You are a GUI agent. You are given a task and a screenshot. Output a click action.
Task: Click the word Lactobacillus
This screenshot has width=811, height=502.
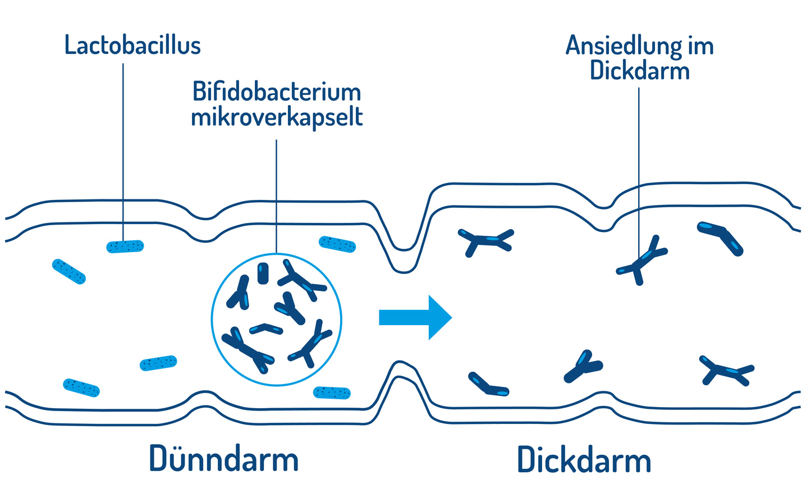point(132,45)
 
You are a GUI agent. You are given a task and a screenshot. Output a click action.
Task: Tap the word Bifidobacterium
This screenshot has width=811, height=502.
point(276,92)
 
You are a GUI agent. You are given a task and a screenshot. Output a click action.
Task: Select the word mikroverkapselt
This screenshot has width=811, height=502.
point(277,117)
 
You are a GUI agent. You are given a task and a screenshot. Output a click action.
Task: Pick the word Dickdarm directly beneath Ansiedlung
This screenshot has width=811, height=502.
point(639,71)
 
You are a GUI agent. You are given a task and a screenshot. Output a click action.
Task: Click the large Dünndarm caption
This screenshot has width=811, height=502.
point(223,459)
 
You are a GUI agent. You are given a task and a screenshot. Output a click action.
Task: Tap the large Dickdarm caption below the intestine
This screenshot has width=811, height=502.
point(584,460)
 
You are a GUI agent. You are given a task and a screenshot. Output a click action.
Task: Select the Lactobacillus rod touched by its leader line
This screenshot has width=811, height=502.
point(125,247)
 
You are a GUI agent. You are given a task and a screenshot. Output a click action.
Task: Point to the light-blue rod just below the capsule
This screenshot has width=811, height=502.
point(332,393)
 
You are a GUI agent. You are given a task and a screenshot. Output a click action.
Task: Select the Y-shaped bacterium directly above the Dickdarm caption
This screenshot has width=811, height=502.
point(584,367)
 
